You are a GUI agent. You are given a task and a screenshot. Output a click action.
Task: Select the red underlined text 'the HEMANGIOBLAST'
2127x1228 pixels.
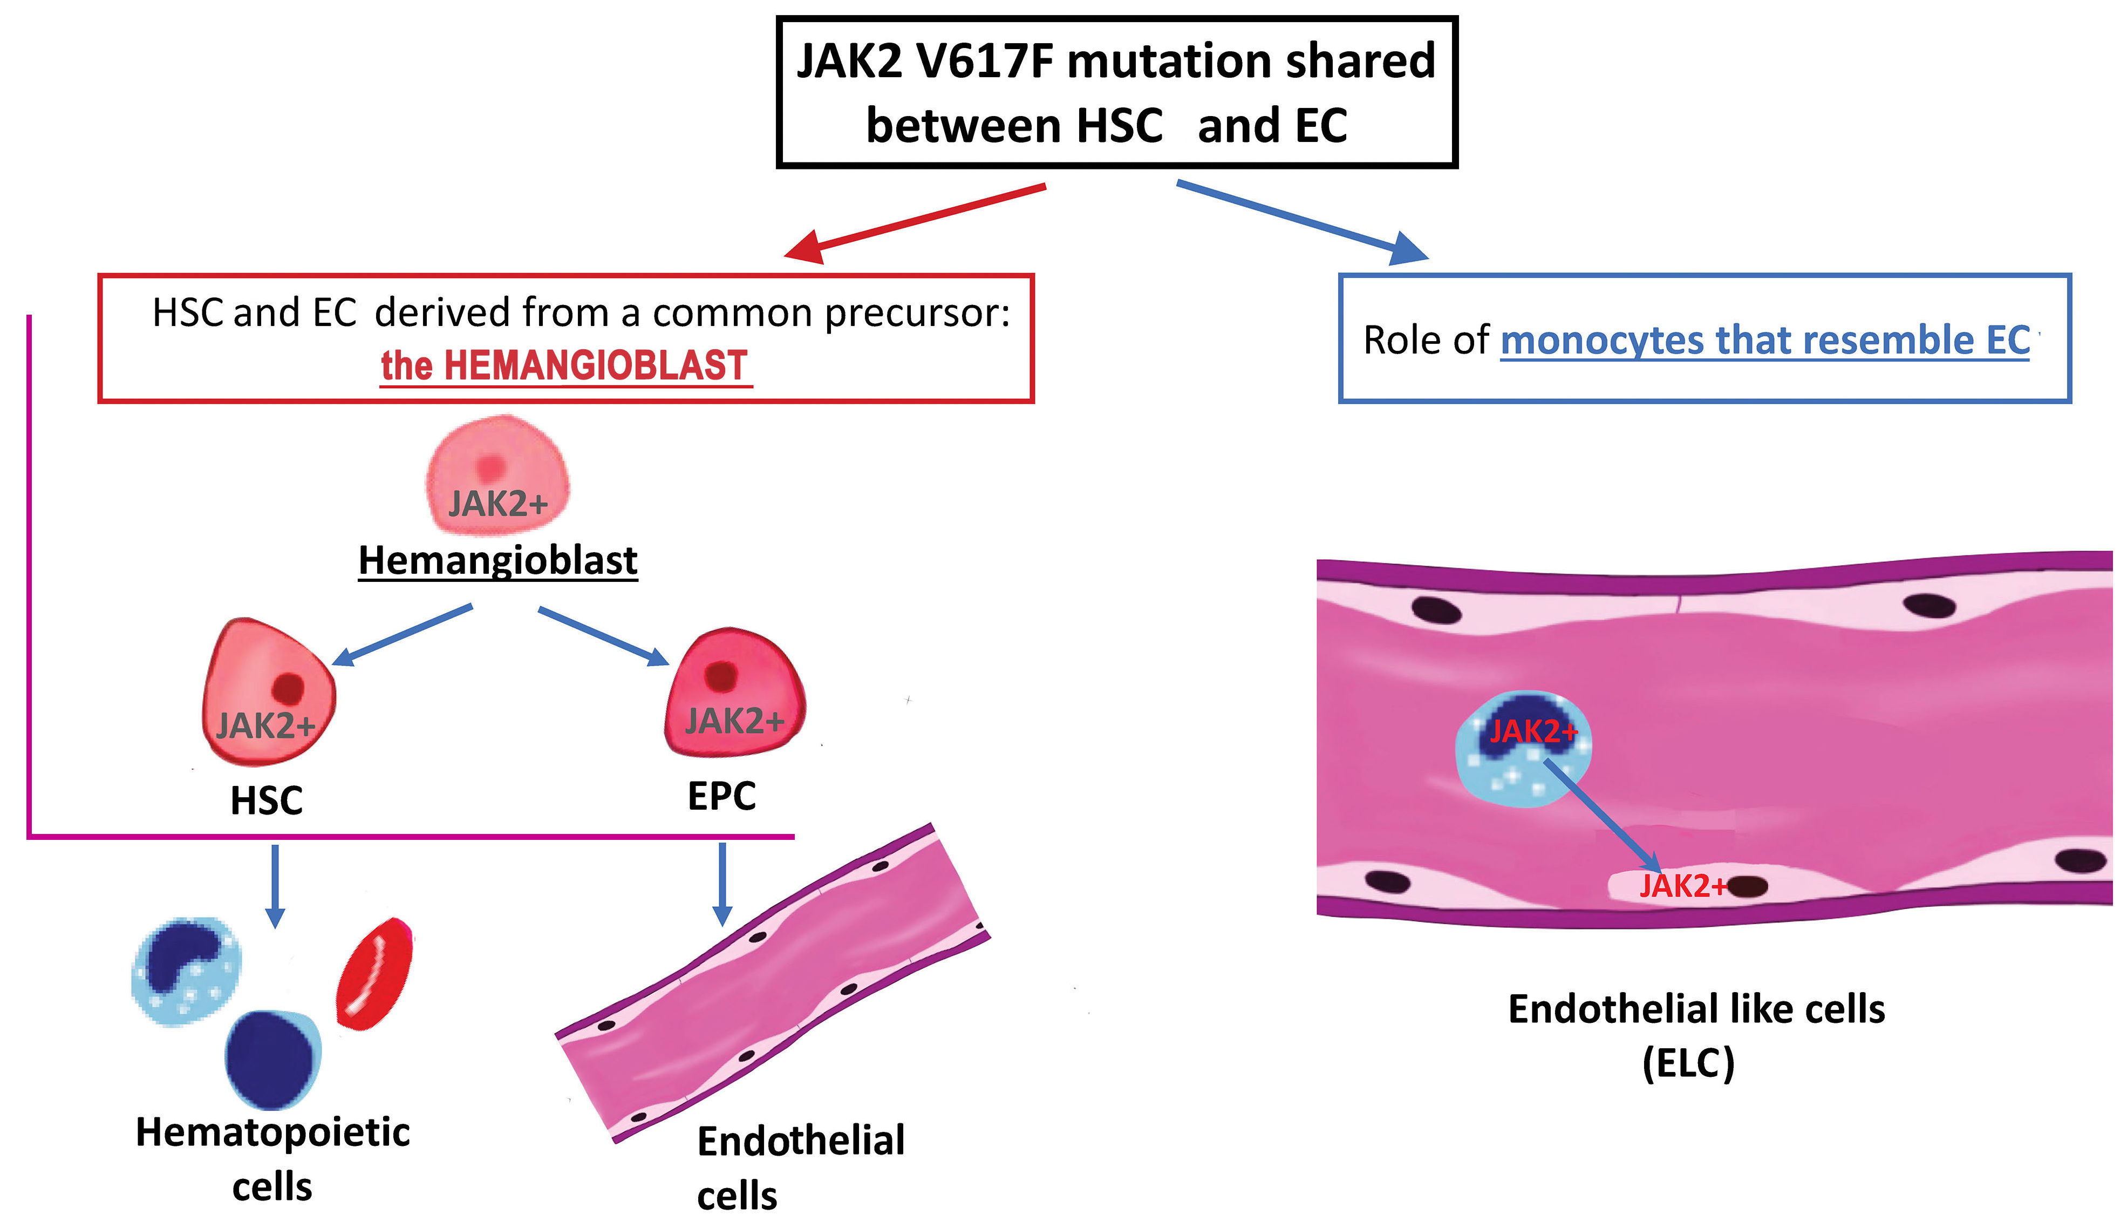tap(565, 366)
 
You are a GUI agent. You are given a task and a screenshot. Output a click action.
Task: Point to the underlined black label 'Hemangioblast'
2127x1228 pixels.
tap(497, 561)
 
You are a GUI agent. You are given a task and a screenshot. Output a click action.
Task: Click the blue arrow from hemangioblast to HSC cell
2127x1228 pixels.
tap(403, 635)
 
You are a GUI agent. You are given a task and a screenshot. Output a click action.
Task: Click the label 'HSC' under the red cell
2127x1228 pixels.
tap(267, 801)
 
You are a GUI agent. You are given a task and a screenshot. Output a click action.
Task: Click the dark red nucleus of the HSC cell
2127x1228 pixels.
tap(288, 688)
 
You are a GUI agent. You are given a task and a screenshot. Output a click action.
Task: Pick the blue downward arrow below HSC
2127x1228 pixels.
tap(275, 886)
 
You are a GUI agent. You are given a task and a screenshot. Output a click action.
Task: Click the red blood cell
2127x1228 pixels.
tap(375, 974)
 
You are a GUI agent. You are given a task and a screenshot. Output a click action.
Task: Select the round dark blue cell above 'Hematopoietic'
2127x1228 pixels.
tap(272, 1059)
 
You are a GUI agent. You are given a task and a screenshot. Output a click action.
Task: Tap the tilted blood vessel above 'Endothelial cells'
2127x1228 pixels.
tap(772, 982)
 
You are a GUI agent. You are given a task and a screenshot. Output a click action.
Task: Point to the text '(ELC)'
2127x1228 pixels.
tap(1689, 1063)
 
